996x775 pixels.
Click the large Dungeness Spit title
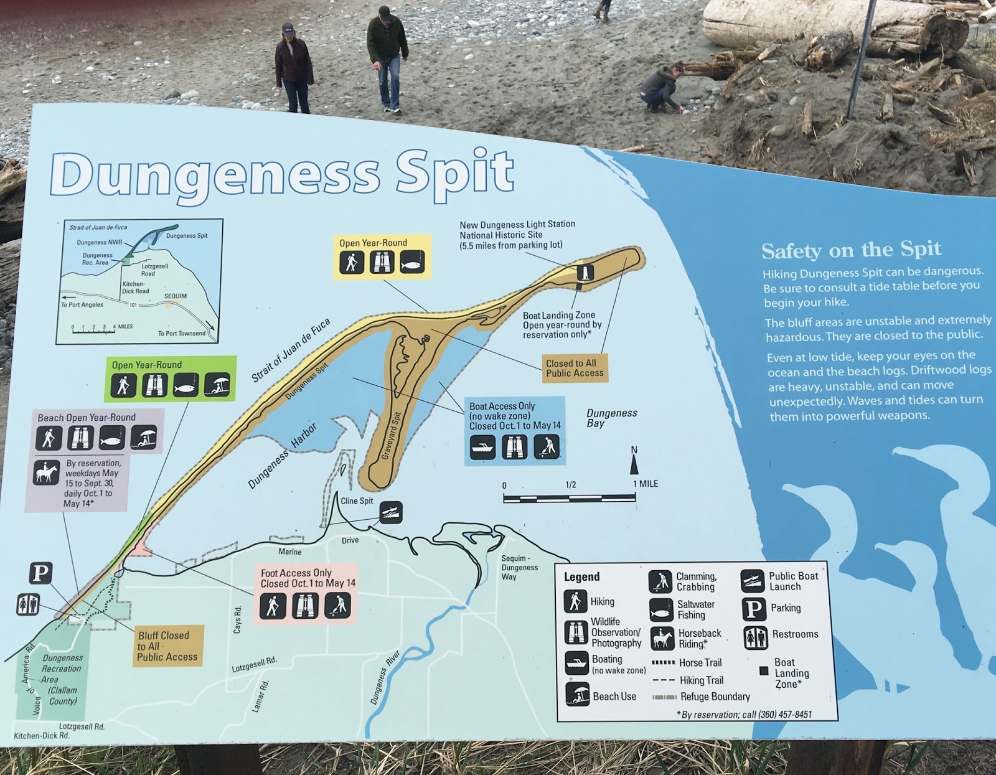[282, 174]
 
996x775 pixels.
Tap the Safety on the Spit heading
[850, 250]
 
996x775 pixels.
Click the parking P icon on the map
[41, 573]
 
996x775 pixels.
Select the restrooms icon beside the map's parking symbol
[28, 604]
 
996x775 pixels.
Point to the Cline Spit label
[357, 501]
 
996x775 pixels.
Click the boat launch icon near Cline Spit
[391, 512]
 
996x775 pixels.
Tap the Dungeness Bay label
[611, 418]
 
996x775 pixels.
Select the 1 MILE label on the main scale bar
[646, 484]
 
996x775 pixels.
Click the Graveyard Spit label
[391, 436]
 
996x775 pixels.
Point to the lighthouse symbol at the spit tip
[585, 271]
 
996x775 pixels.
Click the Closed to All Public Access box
[575, 368]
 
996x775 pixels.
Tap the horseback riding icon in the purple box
[46, 472]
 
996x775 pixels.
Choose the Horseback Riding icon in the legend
[662, 638]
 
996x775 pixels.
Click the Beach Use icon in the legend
[578, 694]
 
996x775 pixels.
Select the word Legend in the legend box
[581, 577]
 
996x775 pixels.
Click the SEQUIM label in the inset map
[175, 296]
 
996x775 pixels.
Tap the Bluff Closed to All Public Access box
[167, 646]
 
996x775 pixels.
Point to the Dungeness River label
[385, 678]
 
